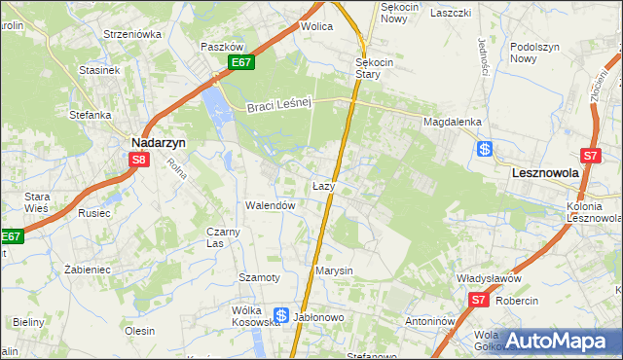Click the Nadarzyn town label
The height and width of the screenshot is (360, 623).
tap(159, 140)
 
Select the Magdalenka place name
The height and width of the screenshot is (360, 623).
tap(453, 122)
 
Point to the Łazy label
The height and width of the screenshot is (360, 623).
tap(324, 185)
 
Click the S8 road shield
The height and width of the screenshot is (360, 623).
tap(140, 161)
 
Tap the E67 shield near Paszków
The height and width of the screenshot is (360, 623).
tap(242, 62)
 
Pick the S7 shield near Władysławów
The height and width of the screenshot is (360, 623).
tap(478, 301)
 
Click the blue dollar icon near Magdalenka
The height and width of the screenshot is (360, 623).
tap(485, 149)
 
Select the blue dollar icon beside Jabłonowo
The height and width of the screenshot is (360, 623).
tap(281, 315)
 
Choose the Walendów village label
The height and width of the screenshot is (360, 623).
tap(270, 206)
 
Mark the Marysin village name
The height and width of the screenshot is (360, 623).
tap(333, 270)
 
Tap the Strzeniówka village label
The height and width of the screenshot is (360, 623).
tap(132, 34)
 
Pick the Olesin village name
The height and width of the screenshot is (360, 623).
tap(139, 331)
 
